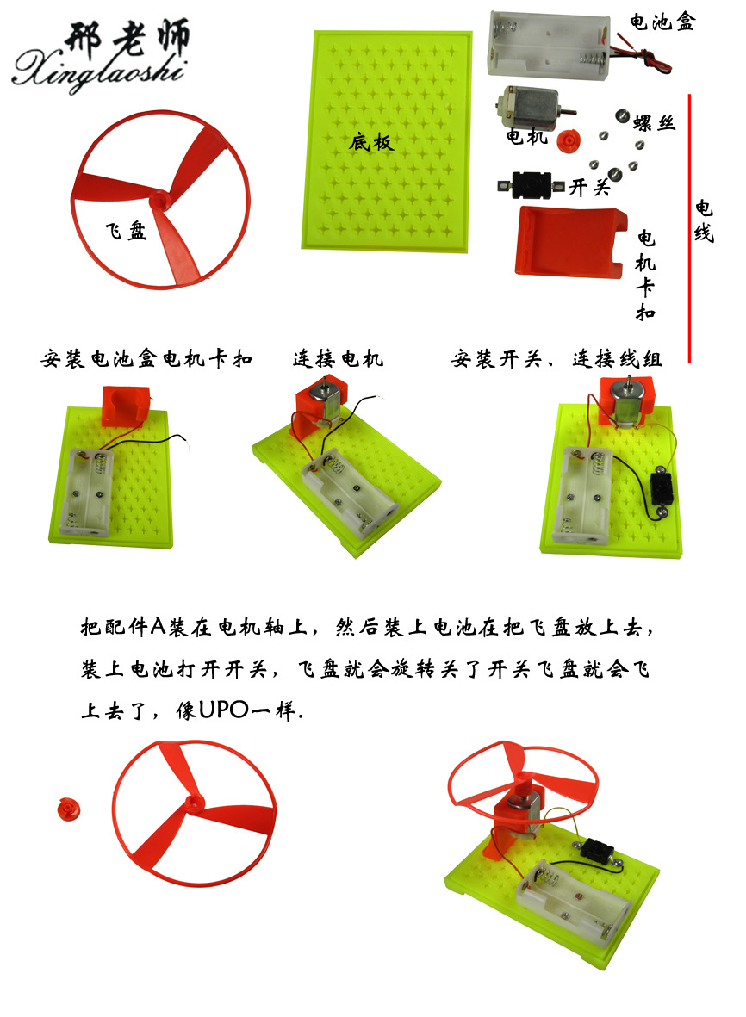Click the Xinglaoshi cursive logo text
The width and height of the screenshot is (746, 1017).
coord(98,70)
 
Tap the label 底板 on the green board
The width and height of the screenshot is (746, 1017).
coord(371,141)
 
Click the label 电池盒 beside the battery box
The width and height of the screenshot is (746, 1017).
coord(662,22)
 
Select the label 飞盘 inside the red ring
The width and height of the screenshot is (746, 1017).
coord(126,230)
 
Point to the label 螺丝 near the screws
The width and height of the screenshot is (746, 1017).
coord(655,122)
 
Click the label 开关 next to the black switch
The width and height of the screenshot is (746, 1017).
coord(590,188)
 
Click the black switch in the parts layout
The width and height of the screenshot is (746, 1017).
coord(531,185)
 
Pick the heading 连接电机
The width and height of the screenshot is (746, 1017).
coord(338,358)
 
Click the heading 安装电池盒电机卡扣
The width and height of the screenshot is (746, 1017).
coord(146,358)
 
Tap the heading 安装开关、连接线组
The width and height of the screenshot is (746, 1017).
coord(556,358)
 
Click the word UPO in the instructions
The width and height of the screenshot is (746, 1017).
coord(224,710)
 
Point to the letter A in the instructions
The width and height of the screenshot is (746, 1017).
coord(159,627)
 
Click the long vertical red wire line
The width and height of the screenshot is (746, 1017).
coord(689,228)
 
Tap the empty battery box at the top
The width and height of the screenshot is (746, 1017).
coord(549,45)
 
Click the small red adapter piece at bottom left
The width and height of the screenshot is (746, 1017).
coord(69,809)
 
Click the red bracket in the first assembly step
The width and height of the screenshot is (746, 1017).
coord(125,406)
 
